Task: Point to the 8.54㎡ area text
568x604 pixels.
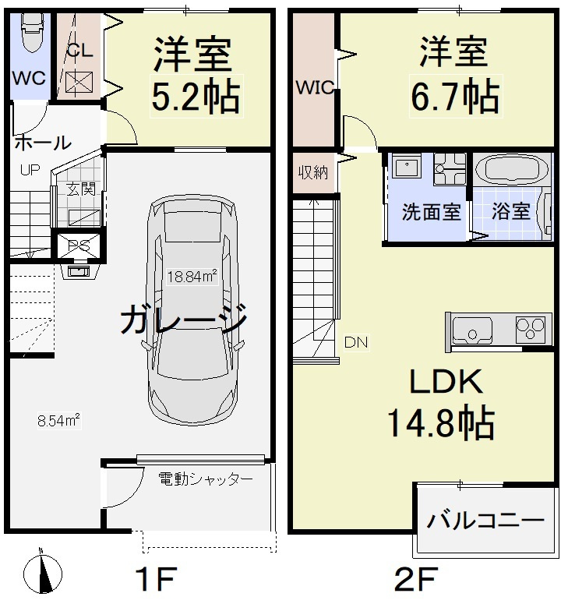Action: click(x=59, y=421)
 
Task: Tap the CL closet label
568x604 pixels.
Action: click(x=79, y=51)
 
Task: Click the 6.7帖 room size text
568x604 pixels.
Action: click(x=455, y=97)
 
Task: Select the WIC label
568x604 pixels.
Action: click(x=314, y=88)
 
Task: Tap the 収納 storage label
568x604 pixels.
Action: click(x=314, y=172)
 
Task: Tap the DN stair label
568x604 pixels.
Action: click(x=356, y=341)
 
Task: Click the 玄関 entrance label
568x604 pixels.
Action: click(x=79, y=188)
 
